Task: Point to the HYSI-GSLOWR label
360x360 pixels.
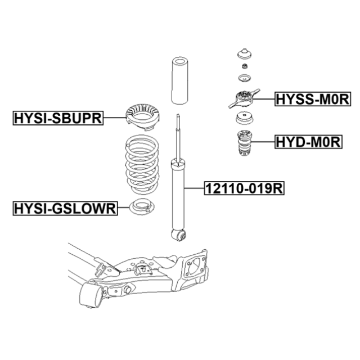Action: point(64,209)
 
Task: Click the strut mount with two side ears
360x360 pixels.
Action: point(243,98)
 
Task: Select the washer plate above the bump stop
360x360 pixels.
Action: point(244,120)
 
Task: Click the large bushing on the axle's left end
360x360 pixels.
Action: point(91,296)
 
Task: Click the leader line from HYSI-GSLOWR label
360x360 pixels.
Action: point(123,209)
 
